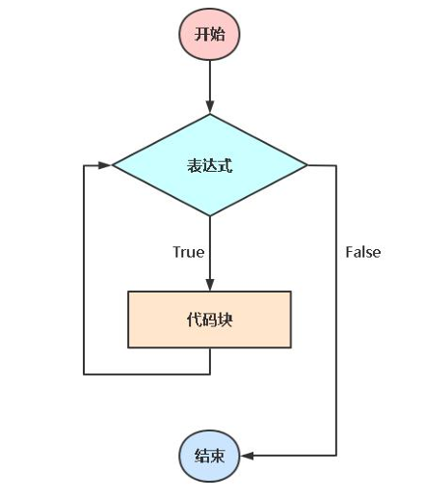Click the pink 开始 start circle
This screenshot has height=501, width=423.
tap(209, 34)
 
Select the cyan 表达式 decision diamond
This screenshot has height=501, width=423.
tap(210, 165)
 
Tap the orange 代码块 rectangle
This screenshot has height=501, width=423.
tap(209, 320)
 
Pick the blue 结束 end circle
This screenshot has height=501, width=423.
tap(209, 456)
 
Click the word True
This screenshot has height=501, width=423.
tap(189, 252)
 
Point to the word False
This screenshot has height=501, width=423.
tap(363, 252)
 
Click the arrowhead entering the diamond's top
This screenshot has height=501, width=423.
tap(210, 107)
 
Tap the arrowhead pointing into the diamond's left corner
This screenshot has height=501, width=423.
tap(105, 165)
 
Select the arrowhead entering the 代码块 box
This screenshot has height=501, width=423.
tap(210, 285)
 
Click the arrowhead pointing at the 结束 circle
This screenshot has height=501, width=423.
tap(247, 456)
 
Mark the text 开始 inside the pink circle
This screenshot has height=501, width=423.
tap(209, 34)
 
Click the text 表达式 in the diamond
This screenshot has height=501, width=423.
tap(210, 166)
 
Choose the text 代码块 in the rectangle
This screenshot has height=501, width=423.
tap(209, 320)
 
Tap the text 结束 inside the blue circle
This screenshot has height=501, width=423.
tap(209, 456)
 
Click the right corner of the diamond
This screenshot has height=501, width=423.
tap(307, 165)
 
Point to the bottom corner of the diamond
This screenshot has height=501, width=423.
tap(210, 215)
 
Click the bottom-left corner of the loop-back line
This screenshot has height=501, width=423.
tap(84, 375)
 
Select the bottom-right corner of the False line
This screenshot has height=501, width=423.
tap(336, 456)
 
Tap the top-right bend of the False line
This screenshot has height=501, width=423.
tap(336, 165)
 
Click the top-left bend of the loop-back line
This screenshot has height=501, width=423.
tap(84, 165)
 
